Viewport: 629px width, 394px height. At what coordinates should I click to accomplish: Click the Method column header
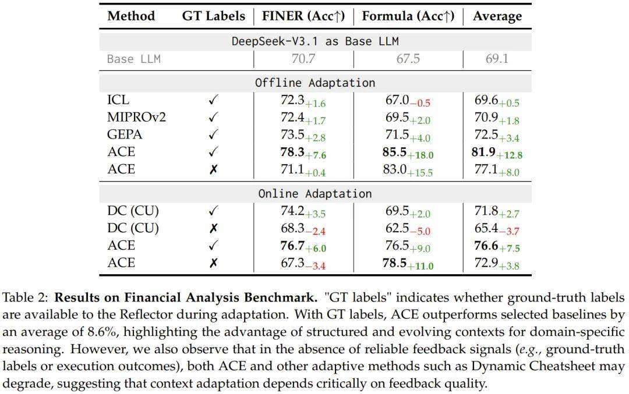point(130,16)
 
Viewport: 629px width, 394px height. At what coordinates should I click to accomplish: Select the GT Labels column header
point(213,16)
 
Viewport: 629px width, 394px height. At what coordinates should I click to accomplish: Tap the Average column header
point(496,16)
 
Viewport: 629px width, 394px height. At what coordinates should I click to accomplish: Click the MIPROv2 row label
point(137,117)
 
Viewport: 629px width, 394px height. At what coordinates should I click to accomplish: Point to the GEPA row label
point(125,134)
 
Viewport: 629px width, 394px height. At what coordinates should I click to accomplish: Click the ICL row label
point(118,100)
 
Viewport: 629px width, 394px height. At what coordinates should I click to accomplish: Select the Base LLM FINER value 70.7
point(303,59)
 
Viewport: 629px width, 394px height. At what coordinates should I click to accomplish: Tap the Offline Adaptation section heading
point(314,83)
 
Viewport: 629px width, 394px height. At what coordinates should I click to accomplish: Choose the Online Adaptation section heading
point(314,193)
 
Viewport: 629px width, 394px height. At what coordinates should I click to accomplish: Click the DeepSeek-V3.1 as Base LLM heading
point(314,41)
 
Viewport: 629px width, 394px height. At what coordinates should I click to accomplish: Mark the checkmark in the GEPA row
point(213,135)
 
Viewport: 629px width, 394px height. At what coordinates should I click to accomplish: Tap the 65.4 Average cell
point(487,228)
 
